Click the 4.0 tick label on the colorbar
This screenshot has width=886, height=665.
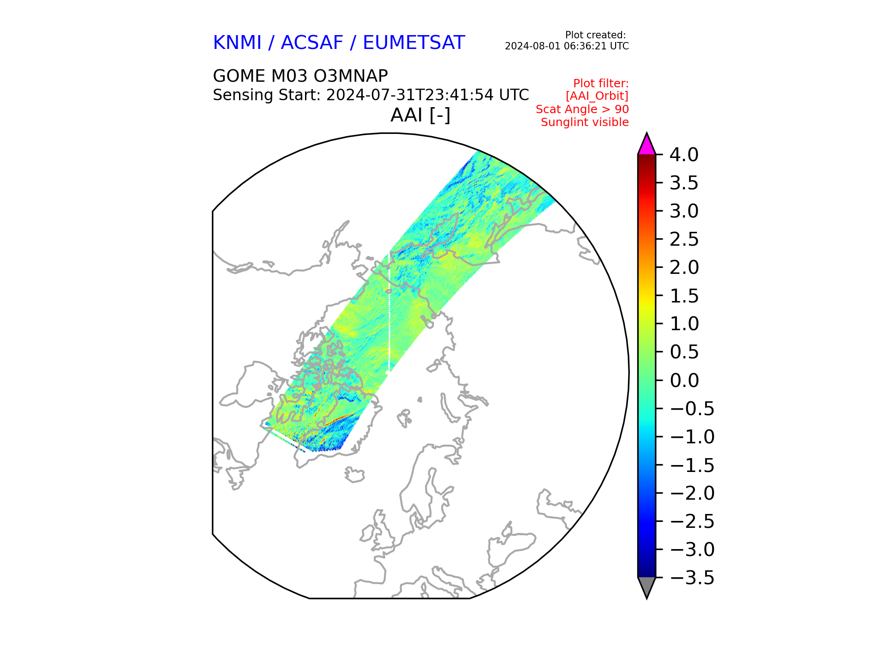pos(684,155)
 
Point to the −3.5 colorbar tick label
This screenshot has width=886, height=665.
pos(692,578)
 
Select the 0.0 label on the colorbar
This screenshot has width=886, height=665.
pos(684,381)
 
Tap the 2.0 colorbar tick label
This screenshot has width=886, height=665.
pos(684,267)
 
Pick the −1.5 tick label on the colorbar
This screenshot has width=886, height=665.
pos(692,465)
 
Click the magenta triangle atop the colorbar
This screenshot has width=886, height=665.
pos(647,145)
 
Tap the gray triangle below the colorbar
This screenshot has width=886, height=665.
pos(647,586)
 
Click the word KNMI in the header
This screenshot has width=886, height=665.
pos(237,43)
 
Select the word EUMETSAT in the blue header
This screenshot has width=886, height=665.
pos(413,43)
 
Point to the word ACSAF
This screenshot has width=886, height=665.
pos(312,43)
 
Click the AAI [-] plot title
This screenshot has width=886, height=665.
pos(420,115)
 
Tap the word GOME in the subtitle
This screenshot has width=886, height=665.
pos(239,76)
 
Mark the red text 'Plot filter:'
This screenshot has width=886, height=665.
pos(601,84)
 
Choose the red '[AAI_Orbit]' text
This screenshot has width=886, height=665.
pos(597,96)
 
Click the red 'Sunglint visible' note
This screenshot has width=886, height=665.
pos(585,122)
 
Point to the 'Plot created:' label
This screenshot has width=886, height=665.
pos(595,35)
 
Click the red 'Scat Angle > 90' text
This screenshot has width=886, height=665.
pos(582,109)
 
